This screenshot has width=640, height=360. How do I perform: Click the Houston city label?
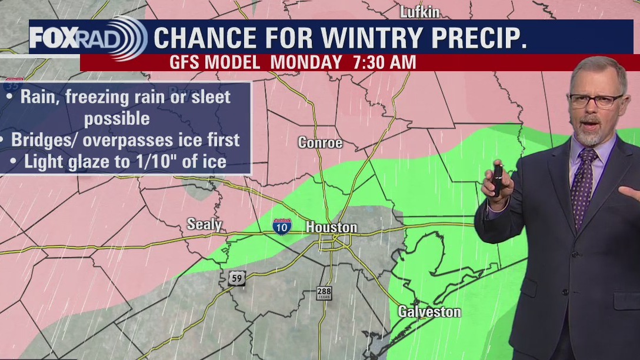[x=331, y=227]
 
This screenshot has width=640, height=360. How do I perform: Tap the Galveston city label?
[x=429, y=312]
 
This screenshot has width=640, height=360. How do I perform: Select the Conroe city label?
[x=320, y=143]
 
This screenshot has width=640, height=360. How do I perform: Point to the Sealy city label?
[x=204, y=224]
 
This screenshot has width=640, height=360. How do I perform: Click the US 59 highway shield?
[x=236, y=278]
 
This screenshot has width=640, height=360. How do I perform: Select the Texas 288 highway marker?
[x=324, y=293]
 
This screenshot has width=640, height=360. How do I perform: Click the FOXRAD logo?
[x=88, y=38]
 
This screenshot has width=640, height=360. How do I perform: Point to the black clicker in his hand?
[x=497, y=179]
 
